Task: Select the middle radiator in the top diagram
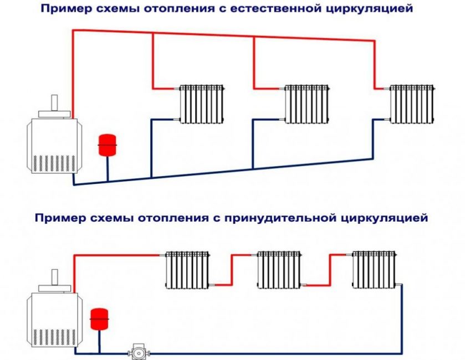click(x=306, y=104)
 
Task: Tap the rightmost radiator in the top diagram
click(x=411, y=104)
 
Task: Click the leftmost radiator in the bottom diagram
click(x=188, y=269)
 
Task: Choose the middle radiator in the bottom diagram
click(x=280, y=269)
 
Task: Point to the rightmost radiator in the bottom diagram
click(x=375, y=269)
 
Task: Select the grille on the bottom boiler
click(x=52, y=336)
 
